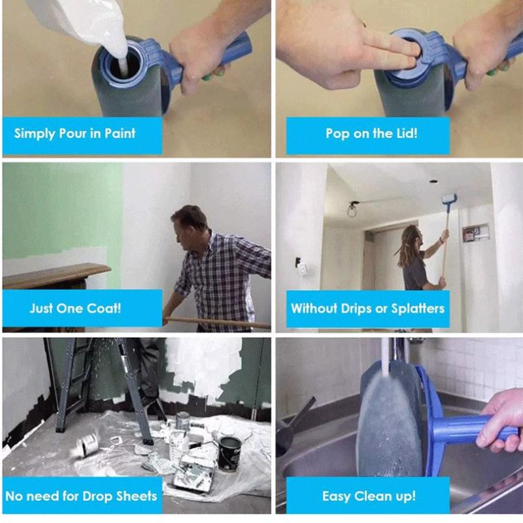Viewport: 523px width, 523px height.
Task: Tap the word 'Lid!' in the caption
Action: (x=407, y=133)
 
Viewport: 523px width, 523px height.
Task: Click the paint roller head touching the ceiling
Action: (x=449, y=199)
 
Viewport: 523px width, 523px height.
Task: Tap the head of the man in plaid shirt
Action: (x=188, y=223)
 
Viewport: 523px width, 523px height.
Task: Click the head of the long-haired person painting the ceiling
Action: (x=413, y=235)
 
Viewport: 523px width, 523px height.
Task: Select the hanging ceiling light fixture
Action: (x=352, y=209)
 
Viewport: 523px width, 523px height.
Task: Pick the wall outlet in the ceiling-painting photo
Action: (x=301, y=267)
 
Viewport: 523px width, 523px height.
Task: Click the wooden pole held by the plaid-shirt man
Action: (x=217, y=322)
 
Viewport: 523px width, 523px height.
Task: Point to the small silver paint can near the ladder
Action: (x=182, y=420)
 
